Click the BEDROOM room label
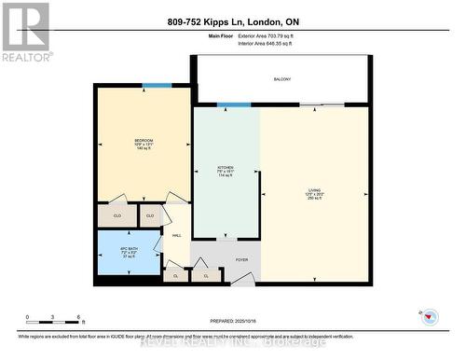143,141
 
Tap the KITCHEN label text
225,167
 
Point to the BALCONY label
282,78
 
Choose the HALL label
176,235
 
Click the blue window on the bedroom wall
157,86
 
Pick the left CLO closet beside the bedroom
116,215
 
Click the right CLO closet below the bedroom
149,215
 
